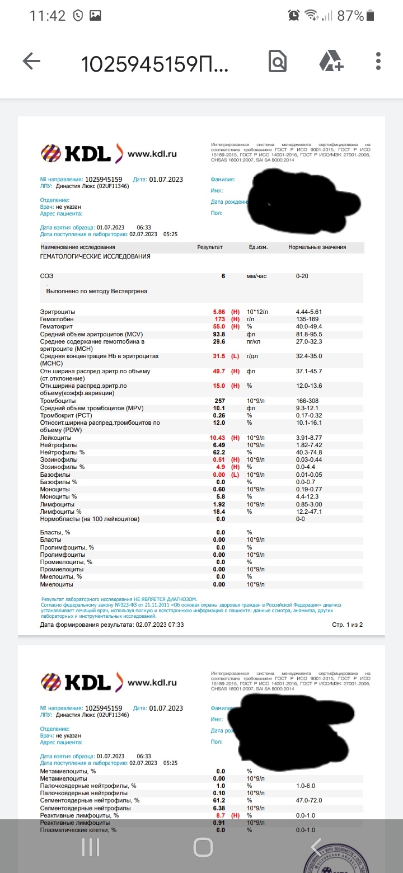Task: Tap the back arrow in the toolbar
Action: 32,62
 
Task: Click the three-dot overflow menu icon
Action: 379,62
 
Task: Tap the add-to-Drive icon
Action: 331,62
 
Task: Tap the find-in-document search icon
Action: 278,62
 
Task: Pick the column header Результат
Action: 210,247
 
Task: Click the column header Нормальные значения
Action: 317,247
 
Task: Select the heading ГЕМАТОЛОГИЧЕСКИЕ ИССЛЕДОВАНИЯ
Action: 95,256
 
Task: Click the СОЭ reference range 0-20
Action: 302,276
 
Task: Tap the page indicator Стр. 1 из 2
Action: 348,625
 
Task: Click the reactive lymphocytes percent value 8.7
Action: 221,816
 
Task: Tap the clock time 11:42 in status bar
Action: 48,16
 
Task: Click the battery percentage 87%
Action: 351,16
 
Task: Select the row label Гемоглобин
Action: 57,319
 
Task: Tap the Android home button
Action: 203,847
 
